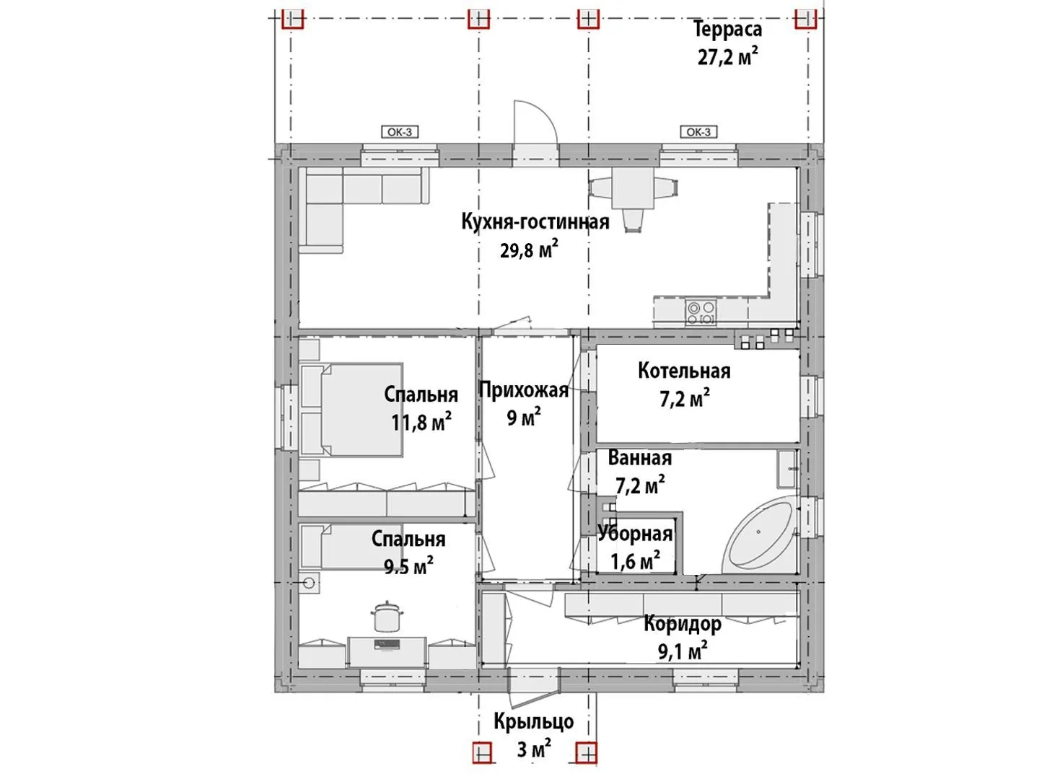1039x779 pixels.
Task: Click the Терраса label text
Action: click(x=727, y=30)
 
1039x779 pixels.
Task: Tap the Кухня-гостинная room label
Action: click(x=535, y=222)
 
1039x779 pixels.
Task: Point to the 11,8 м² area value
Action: click(x=421, y=423)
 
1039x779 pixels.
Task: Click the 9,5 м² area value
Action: click(x=408, y=565)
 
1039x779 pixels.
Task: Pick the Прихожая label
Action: click(x=524, y=391)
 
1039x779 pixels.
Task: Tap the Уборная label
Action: click(x=635, y=534)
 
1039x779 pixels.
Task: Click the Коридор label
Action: click(x=683, y=624)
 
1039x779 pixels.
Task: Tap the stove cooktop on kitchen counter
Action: click(x=701, y=314)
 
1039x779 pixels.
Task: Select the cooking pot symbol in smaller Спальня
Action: click(x=387, y=616)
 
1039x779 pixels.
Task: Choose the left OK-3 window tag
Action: click(x=400, y=132)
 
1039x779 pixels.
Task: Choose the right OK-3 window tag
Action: click(x=698, y=132)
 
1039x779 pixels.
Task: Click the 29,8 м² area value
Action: click(x=529, y=250)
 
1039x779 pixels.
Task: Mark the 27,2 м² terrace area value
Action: click(x=727, y=57)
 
